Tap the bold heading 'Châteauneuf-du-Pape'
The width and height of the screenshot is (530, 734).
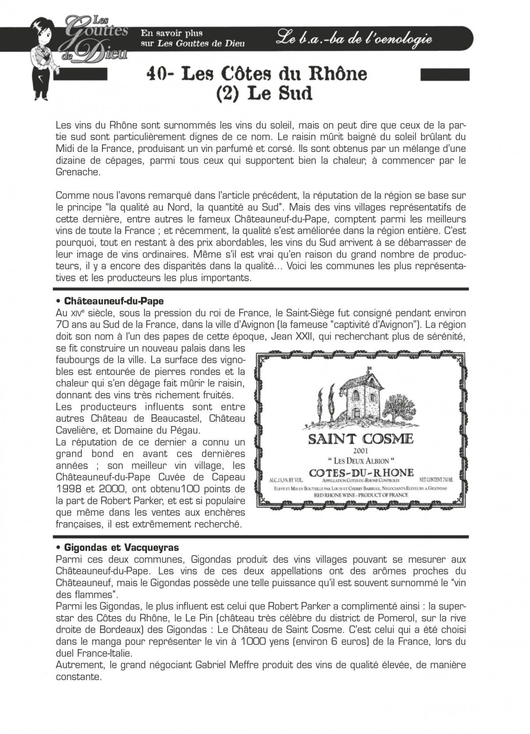[114, 301]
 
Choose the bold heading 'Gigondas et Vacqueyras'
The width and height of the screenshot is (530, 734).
[121, 548]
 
